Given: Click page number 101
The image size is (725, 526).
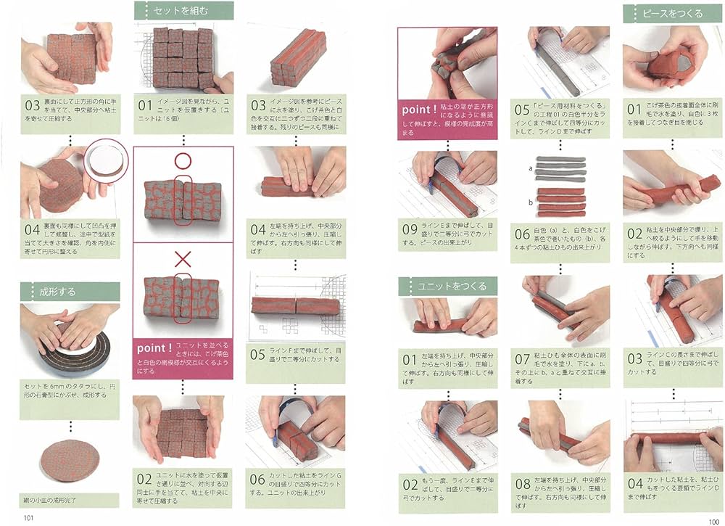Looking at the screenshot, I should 28,517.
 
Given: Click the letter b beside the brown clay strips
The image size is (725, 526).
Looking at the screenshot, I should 531,202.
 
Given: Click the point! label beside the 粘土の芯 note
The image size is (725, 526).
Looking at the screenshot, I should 418,110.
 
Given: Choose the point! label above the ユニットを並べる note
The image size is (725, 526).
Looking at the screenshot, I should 152,348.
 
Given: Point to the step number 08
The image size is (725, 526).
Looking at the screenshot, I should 522,483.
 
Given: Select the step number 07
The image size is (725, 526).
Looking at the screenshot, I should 522,359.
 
